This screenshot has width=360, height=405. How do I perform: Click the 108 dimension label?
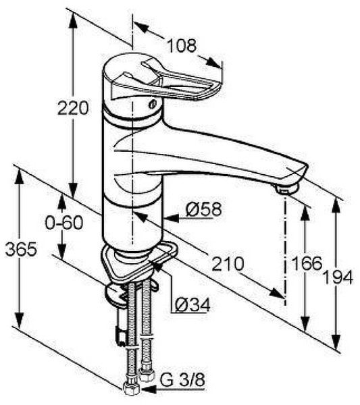pyautogui.click(x=182, y=46)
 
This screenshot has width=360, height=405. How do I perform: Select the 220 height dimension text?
pyautogui.click(x=73, y=108)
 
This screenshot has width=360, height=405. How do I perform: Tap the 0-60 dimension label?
pyautogui.click(x=64, y=222)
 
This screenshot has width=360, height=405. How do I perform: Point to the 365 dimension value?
pyautogui.click(x=21, y=250)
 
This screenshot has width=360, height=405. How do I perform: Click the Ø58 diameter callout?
pyautogui.click(x=203, y=209)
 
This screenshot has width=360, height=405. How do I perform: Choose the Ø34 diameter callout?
pyautogui.click(x=192, y=305)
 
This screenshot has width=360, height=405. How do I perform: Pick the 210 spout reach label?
pyautogui.click(x=228, y=264)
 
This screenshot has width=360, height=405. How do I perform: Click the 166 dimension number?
pyautogui.click(x=307, y=263)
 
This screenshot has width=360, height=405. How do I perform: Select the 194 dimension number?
pyautogui.click(x=338, y=277)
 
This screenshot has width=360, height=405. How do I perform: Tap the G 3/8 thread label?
pyautogui.click(x=182, y=379)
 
